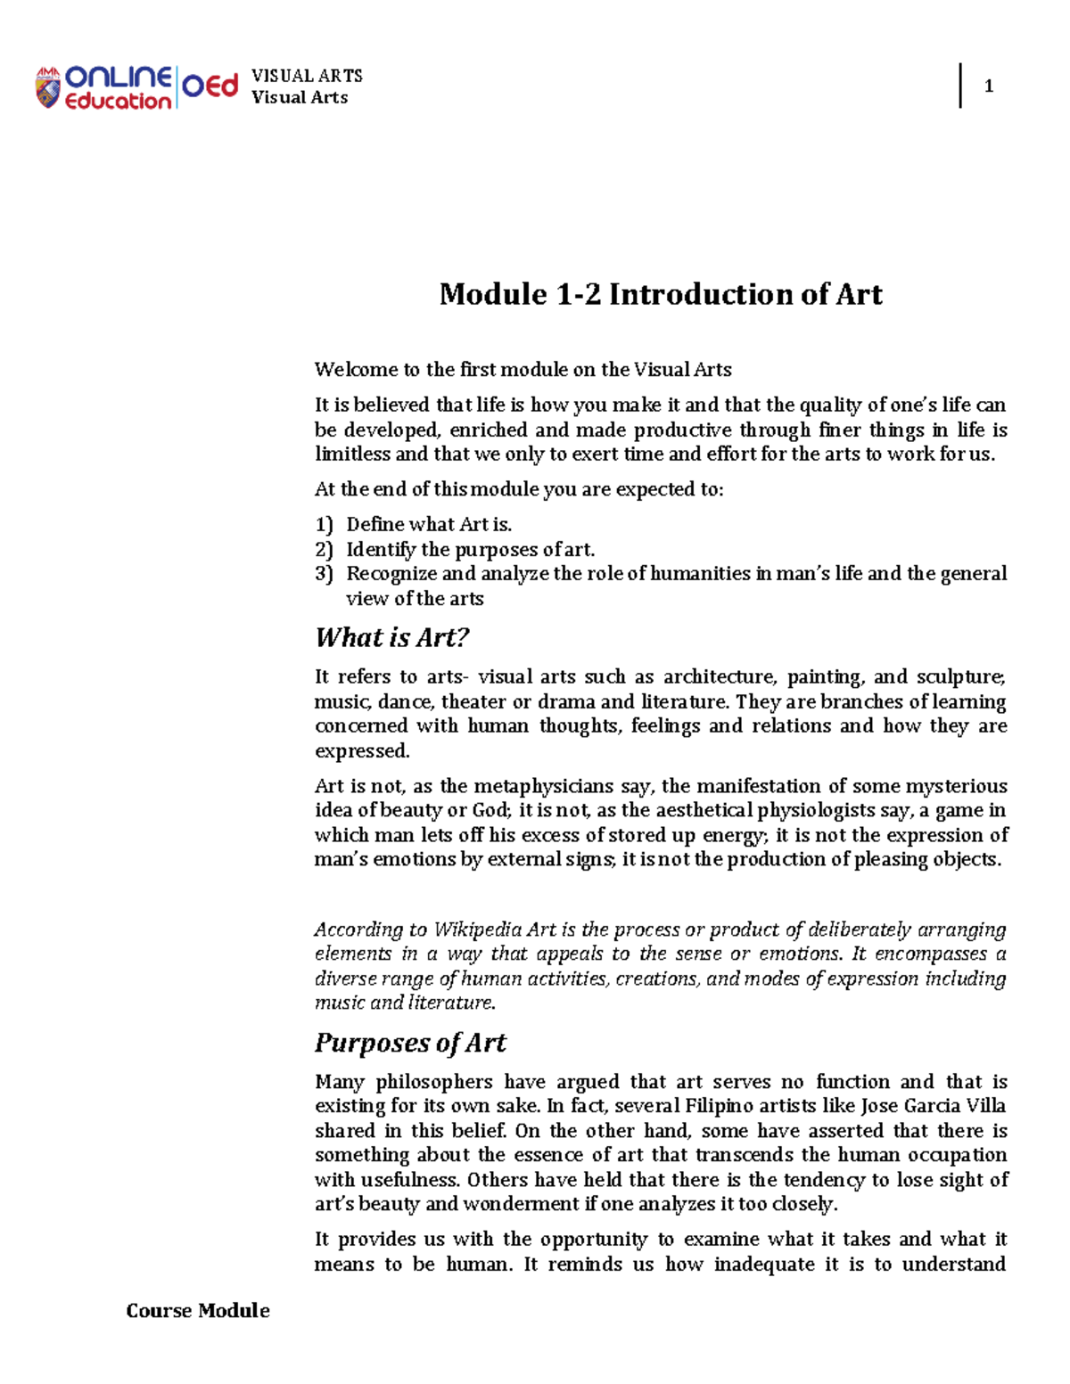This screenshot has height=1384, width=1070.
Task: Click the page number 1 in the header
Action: pyautogui.click(x=988, y=86)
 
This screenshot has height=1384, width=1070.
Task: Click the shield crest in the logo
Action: pyautogui.click(x=47, y=88)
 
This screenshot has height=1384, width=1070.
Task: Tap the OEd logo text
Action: pyautogui.click(x=210, y=86)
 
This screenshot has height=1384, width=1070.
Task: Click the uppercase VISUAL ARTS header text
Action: pyautogui.click(x=307, y=76)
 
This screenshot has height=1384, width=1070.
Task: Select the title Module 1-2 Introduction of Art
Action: pyautogui.click(x=661, y=294)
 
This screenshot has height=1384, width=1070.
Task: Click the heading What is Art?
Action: pyautogui.click(x=391, y=637)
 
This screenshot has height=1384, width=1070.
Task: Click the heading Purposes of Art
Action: pyautogui.click(x=410, y=1043)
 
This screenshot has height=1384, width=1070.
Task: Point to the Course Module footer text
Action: pyautogui.click(x=198, y=1310)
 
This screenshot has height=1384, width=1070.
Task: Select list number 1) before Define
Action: pyautogui.click(x=324, y=525)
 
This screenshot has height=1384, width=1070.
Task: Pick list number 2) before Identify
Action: pyautogui.click(x=324, y=550)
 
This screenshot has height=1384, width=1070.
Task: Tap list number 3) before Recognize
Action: pyautogui.click(x=324, y=574)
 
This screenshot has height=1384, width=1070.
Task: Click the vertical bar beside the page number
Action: pyautogui.click(x=960, y=86)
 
